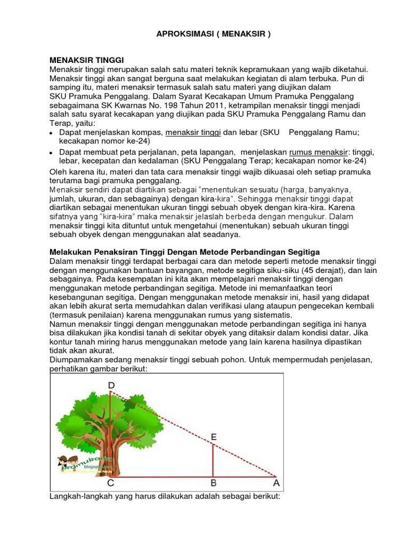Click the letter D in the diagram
[111, 386]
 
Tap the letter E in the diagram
[214, 437]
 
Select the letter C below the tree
[111, 484]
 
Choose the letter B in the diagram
[213, 484]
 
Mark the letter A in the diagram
[276, 484]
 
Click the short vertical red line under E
[213, 460]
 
